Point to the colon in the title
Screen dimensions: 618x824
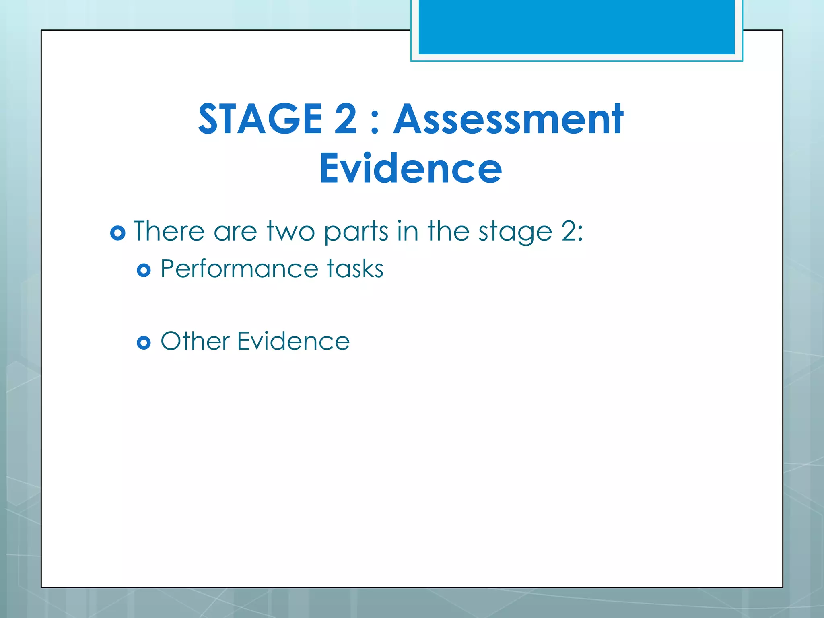point(375,123)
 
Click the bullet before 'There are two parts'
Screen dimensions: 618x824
point(117,233)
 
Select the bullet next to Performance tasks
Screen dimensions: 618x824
point(144,270)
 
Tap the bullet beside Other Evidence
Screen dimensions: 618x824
point(144,343)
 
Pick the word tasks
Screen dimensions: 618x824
point(355,268)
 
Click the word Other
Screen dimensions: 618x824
point(195,341)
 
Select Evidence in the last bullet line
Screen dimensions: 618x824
point(293,341)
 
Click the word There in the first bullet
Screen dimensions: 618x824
point(169,231)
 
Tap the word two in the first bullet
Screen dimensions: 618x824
point(290,232)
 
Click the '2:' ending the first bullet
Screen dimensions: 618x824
point(572,231)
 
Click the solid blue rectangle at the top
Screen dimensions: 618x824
point(577,27)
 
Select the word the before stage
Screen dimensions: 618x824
point(448,231)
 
